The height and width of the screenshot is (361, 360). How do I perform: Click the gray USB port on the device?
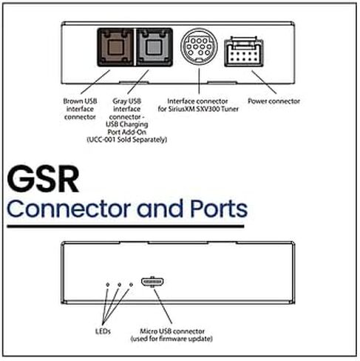click(x=153, y=48)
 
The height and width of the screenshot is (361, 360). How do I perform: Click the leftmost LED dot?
click(x=108, y=284)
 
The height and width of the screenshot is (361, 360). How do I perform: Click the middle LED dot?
click(x=119, y=284)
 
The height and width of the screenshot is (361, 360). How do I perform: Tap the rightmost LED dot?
click(x=131, y=284)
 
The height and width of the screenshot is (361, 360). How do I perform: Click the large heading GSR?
click(x=48, y=180)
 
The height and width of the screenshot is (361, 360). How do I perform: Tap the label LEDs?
click(x=103, y=331)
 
